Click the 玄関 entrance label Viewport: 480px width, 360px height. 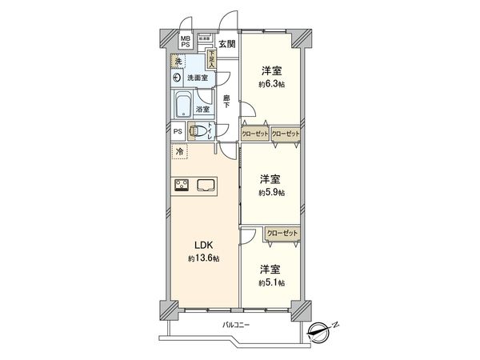227,44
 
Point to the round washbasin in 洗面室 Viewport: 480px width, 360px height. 176,78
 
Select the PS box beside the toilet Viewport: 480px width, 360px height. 178,132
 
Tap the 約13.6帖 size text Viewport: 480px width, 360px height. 203,258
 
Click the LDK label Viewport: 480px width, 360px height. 203,246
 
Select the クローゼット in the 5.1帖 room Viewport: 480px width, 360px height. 281,232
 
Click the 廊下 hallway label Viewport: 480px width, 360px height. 227,102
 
